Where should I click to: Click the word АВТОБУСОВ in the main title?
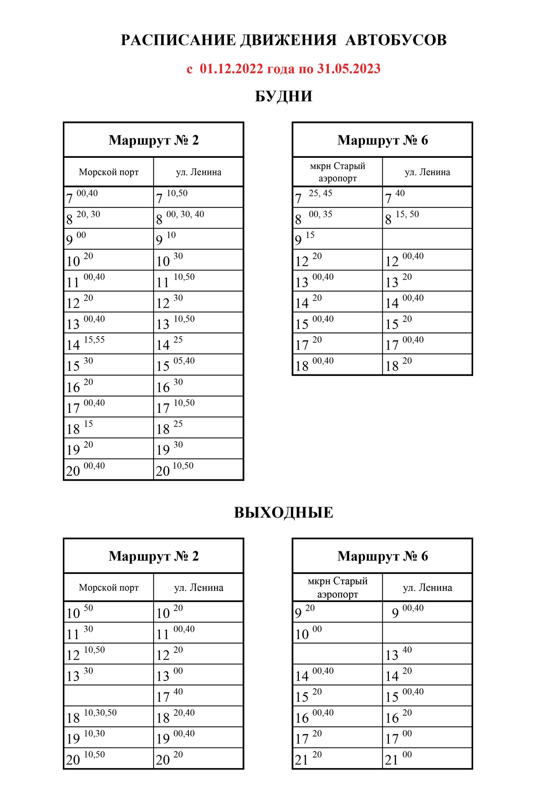pos(396,40)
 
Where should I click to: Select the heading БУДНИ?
pos(283,96)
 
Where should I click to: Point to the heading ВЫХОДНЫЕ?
pos(283,513)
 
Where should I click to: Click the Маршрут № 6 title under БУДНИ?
pos(382,140)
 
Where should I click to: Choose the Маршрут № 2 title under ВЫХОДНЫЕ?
pos(154,556)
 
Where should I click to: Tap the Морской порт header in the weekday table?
pos(108,172)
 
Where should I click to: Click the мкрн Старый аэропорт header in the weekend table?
pos(338,588)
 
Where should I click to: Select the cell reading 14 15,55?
pos(108,343)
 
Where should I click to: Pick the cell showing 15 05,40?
pos(198,364)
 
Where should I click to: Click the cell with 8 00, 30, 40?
pos(198,218)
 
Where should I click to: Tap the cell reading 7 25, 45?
pos(338,197)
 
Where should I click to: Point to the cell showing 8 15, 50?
pos(427,218)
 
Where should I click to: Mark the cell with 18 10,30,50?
pos(108,716)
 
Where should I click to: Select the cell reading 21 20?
pos(338,758)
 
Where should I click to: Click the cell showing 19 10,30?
pos(108,737)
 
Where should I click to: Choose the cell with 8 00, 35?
pos(338,218)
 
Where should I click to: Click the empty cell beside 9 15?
pos(427,239)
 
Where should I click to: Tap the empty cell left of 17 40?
pos(108,696)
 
